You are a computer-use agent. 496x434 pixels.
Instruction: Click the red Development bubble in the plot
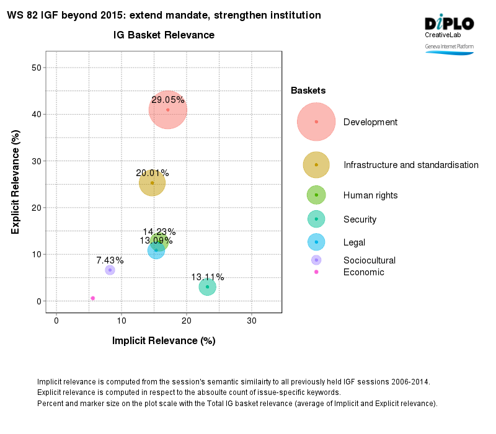pyautogui.click(x=168, y=110)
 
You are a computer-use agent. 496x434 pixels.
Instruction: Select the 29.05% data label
pyautogui.click(x=168, y=99)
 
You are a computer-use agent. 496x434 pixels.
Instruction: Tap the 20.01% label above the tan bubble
pyautogui.click(x=153, y=173)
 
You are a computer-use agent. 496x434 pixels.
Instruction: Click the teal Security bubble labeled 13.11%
pyautogui.click(x=207, y=287)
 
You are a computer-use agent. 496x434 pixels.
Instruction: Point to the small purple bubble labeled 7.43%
pyautogui.click(x=110, y=270)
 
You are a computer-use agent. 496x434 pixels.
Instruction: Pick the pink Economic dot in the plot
pyautogui.click(x=93, y=298)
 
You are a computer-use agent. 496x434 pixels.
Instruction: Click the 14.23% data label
pyautogui.click(x=159, y=232)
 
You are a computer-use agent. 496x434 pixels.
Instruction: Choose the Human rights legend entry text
pyautogui.click(x=370, y=195)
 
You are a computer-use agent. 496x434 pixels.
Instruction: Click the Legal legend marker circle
pyautogui.click(x=316, y=242)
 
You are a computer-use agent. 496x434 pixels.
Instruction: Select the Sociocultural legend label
pyautogui.click(x=369, y=260)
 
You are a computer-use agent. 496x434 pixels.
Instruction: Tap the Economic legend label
pyautogui.click(x=363, y=272)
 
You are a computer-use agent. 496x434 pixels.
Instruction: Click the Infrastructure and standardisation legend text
pyautogui.click(x=410, y=165)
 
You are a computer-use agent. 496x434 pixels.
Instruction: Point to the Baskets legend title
pyautogui.click(x=308, y=91)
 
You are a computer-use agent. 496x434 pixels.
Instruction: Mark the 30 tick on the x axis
pyautogui.click(x=252, y=321)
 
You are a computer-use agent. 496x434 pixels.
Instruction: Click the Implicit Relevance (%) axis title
pyautogui.click(x=163, y=340)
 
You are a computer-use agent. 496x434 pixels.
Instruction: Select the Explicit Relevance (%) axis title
pyautogui.click(x=15, y=182)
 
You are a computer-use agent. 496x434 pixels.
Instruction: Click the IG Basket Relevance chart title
pyautogui.click(x=164, y=35)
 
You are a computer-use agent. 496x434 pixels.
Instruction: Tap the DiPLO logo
pyautogui.click(x=449, y=24)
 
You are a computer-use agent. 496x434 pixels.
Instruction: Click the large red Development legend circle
pyautogui.click(x=316, y=122)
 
